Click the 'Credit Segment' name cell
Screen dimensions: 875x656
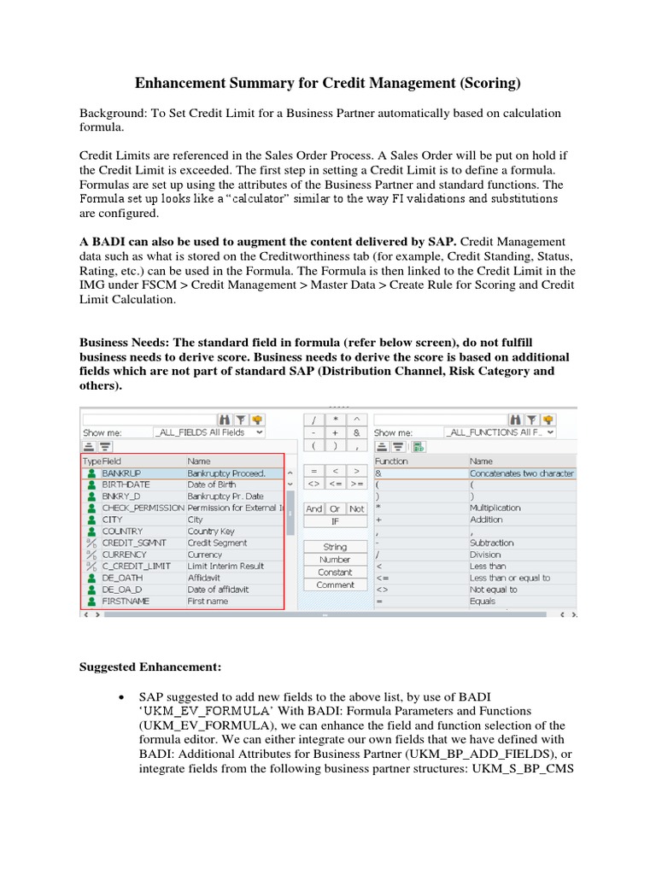[x=217, y=543]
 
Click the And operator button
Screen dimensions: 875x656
[x=314, y=508]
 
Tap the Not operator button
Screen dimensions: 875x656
[x=356, y=508]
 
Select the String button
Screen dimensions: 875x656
[x=335, y=547]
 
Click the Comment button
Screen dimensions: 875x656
[x=335, y=585]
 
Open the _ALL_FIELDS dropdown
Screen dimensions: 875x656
[x=209, y=432]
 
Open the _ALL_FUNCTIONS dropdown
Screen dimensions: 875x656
[x=501, y=432]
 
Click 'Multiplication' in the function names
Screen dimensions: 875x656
[x=497, y=508]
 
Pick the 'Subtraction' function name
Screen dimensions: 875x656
[x=492, y=543]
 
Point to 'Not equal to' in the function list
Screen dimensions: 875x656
[x=495, y=589]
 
